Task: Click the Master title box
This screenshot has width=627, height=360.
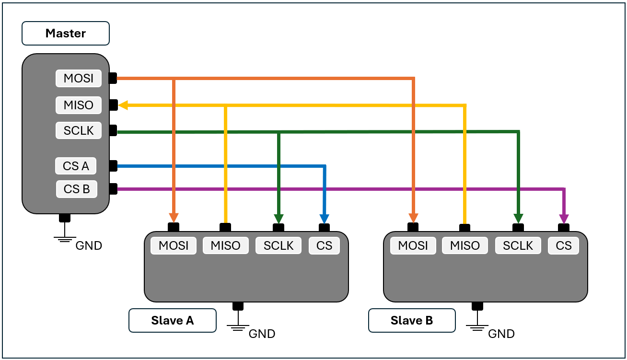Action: [x=65, y=34]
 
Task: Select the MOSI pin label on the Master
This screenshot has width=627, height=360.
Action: [x=79, y=78]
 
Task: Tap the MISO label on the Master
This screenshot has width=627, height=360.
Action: [x=79, y=105]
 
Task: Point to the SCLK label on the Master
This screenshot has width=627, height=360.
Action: [x=79, y=130]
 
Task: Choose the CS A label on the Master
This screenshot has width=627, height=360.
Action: [x=76, y=166]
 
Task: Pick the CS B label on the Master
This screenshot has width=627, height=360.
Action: [x=77, y=189]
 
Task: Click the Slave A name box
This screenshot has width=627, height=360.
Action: [x=172, y=320]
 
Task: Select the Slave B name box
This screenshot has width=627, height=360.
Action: [x=411, y=320]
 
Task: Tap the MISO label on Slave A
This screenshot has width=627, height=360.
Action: [x=225, y=245]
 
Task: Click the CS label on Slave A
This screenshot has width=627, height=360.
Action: [x=324, y=245]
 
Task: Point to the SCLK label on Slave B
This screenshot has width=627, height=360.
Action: [x=518, y=245]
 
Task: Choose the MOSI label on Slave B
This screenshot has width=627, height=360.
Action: [x=413, y=245]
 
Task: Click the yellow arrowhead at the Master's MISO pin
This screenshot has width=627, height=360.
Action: [x=123, y=105]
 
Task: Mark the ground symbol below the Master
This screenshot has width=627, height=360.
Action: [x=65, y=239]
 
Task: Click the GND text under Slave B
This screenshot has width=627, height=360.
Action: [x=501, y=334]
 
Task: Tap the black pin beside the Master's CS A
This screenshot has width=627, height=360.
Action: [x=113, y=166]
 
